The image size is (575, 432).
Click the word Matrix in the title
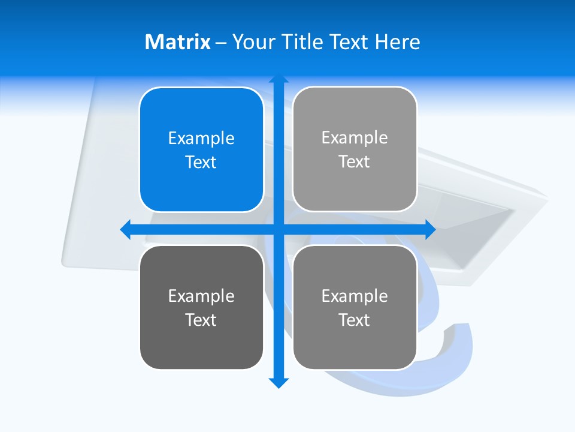pos(178,42)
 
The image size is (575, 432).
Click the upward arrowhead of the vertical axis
pos(279,78)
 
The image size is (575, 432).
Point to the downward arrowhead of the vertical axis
pos(279,383)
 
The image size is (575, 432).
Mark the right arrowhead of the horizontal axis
pos(430,229)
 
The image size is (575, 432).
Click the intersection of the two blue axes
pos(279,229)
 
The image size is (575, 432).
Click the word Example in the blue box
pos(201,139)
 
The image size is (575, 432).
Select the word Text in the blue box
pos(201,163)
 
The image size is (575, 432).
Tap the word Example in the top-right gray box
pos(355,138)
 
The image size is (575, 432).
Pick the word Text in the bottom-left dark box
pos(201,320)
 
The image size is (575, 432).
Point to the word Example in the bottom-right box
pos(355,296)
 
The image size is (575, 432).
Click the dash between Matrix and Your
pos(221,43)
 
